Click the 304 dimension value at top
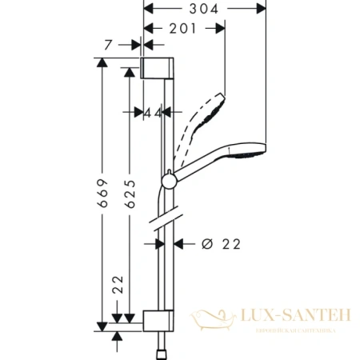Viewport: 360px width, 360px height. click(x=203, y=10)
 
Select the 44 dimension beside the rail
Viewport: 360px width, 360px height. click(x=153, y=113)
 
